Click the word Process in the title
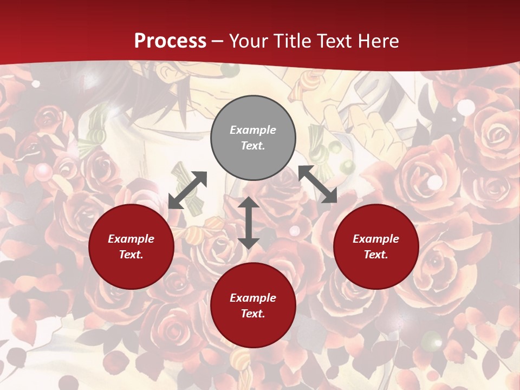click(x=170, y=41)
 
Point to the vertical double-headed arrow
click(x=249, y=223)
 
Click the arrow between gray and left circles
click(x=187, y=190)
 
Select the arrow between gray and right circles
click(x=318, y=184)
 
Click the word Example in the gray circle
click(x=253, y=130)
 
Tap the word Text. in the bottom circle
click(x=253, y=314)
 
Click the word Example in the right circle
click(x=376, y=239)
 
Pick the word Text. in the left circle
click(x=131, y=255)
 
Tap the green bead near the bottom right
click(x=432, y=340)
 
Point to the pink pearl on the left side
click(x=43, y=172)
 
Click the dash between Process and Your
click(x=218, y=41)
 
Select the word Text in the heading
click(x=332, y=41)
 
